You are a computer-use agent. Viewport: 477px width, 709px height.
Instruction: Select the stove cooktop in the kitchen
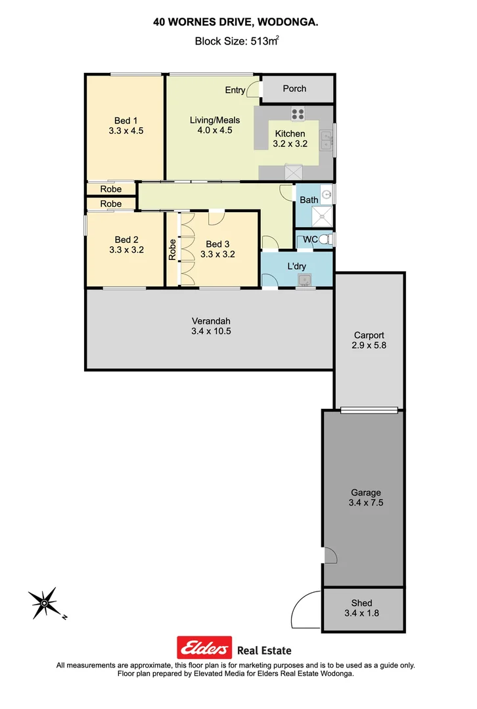point(298,114)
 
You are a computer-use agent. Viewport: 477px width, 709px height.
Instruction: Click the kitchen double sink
point(326,140)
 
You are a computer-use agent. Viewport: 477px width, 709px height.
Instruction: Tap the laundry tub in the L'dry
point(305,281)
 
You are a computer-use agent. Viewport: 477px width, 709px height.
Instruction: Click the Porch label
point(294,89)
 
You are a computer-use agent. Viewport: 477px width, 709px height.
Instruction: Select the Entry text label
point(235,91)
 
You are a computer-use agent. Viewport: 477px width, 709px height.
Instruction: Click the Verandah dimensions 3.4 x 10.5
point(211,332)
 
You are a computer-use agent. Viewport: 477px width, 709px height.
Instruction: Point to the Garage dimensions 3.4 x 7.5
point(365,503)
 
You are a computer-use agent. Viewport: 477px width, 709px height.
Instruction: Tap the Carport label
point(369,335)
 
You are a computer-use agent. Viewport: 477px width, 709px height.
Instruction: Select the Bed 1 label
point(126,120)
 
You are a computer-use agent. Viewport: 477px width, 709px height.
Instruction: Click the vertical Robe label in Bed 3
point(172,249)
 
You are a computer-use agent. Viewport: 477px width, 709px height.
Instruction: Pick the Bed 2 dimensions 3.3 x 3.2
point(126,249)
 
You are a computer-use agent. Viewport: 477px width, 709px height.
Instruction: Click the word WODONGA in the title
point(288,22)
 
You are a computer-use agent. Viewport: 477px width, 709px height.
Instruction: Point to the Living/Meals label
point(215,120)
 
